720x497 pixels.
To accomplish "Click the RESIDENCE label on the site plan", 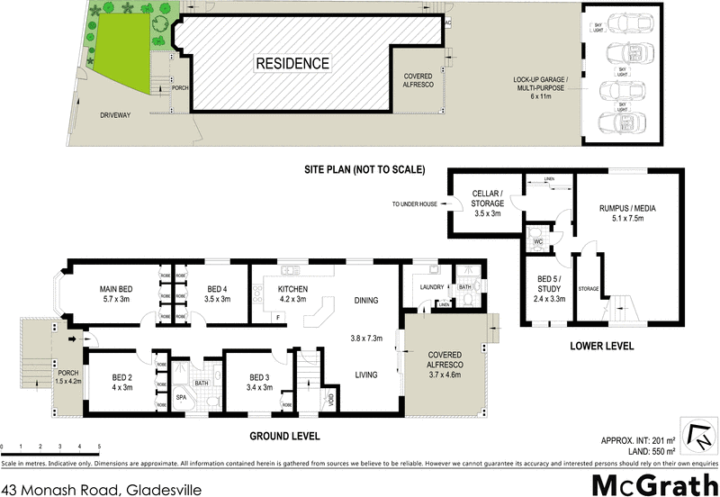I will point(293,64).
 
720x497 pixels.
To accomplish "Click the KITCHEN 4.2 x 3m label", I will point(286,294).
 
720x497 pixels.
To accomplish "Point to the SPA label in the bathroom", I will point(180,395).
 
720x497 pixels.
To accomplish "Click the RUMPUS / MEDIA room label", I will point(627,213).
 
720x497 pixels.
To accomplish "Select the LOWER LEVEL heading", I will point(602,346).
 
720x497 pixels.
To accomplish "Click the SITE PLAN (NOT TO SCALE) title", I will point(364,169).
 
